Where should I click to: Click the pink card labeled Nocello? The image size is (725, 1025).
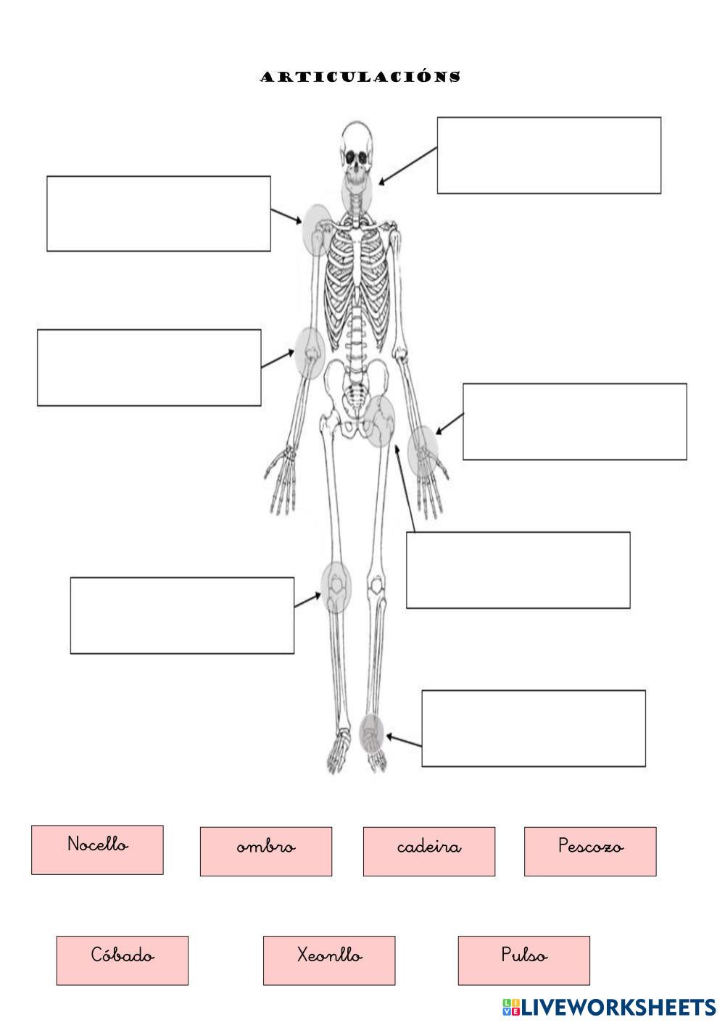tap(97, 849)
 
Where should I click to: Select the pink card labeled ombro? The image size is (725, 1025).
tap(265, 851)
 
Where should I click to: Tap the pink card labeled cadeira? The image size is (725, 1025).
tap(428, 851)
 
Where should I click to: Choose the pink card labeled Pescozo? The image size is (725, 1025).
tap(589, 851)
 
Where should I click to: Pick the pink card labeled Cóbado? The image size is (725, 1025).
tap(122, 960)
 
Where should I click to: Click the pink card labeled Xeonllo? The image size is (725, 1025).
tap(328, 960)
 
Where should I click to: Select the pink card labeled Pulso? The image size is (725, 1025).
tap(523, 960)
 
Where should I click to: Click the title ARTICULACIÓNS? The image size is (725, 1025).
tap(360, 77)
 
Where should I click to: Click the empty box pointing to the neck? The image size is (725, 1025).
tap(548, 155)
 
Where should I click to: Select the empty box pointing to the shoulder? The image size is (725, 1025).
tap(158, 213)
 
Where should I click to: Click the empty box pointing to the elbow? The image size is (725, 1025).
tap(149, 368)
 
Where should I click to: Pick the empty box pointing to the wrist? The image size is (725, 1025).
tap(574, 421)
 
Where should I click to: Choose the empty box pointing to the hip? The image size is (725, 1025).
tap(518, 570)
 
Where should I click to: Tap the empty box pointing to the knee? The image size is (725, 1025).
tap(182, 615)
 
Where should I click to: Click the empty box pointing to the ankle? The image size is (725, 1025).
tap(533, 728)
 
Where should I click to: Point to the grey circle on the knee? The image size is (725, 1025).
tap(336, 586)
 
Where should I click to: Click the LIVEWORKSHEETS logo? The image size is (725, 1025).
tap(609, 1006)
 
